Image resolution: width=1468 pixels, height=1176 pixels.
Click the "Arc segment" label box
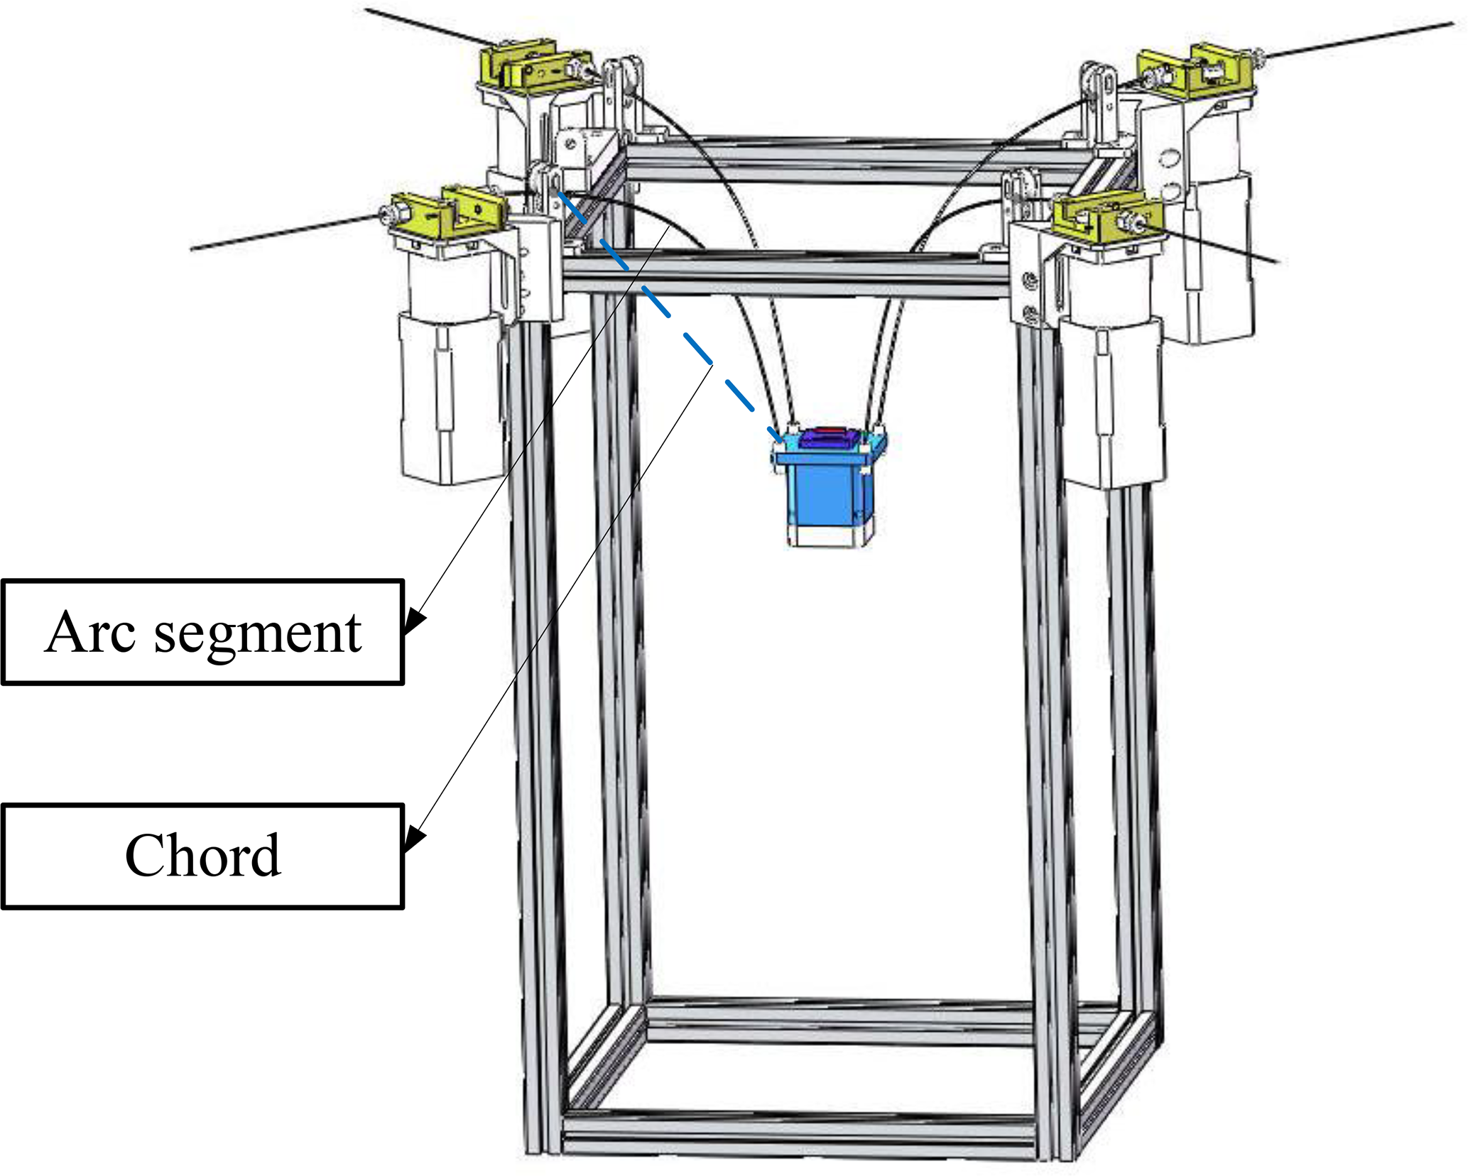[x=202, y=632]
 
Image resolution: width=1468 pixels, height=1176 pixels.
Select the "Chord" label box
[x=202, y=856]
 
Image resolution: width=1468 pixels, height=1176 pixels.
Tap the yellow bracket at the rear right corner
[x=1193, y=71]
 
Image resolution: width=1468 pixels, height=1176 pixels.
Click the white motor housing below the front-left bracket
[x=451, y=398]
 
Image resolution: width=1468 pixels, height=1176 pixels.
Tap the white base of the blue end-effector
[x=827, y=536]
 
